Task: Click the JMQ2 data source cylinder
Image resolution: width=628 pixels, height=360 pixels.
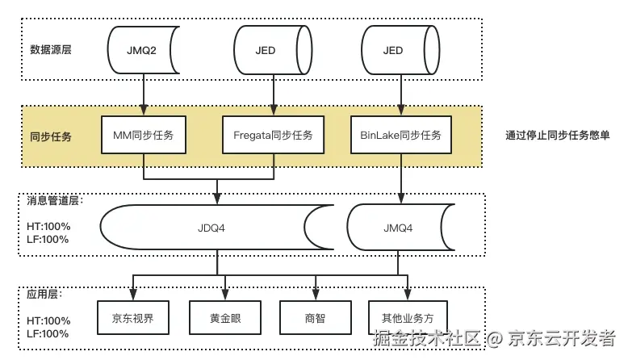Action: [x=143, y=50]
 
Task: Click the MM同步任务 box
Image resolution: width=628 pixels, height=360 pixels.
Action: [x=143, y=135]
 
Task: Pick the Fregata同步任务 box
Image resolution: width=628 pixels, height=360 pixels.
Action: [x=273, y=135]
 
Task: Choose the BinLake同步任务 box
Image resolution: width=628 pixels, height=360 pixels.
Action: [x=401, y=135]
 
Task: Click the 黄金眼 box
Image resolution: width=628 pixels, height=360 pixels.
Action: [x=225, y=317]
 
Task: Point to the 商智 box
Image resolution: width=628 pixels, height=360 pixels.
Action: [x=316, y=317]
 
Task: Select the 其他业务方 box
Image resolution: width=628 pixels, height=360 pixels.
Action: [x=407, y=317]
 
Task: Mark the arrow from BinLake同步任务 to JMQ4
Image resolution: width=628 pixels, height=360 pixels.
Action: [x=401, y=178]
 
